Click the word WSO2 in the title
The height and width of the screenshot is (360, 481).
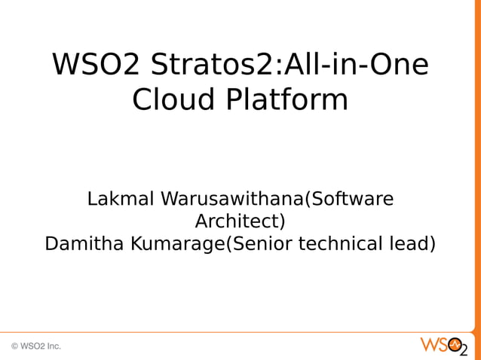click(96, 66)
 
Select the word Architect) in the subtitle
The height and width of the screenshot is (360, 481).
click(240, 222)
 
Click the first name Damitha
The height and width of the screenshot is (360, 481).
click(84, 245)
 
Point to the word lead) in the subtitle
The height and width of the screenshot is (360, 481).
click(414, 245)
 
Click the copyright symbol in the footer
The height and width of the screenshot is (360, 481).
click(14, 346)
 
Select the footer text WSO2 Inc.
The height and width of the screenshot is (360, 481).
click(41, 346)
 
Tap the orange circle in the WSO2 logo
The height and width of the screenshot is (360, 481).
click(454, 346)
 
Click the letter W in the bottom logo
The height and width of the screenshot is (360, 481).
click(428, 346)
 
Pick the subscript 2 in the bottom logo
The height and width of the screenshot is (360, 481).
click(464, 351)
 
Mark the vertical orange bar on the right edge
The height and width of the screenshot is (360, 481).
click(476, 166)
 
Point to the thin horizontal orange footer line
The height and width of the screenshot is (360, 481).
click(226, 332)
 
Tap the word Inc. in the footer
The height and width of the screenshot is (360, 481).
click(54, 346)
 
